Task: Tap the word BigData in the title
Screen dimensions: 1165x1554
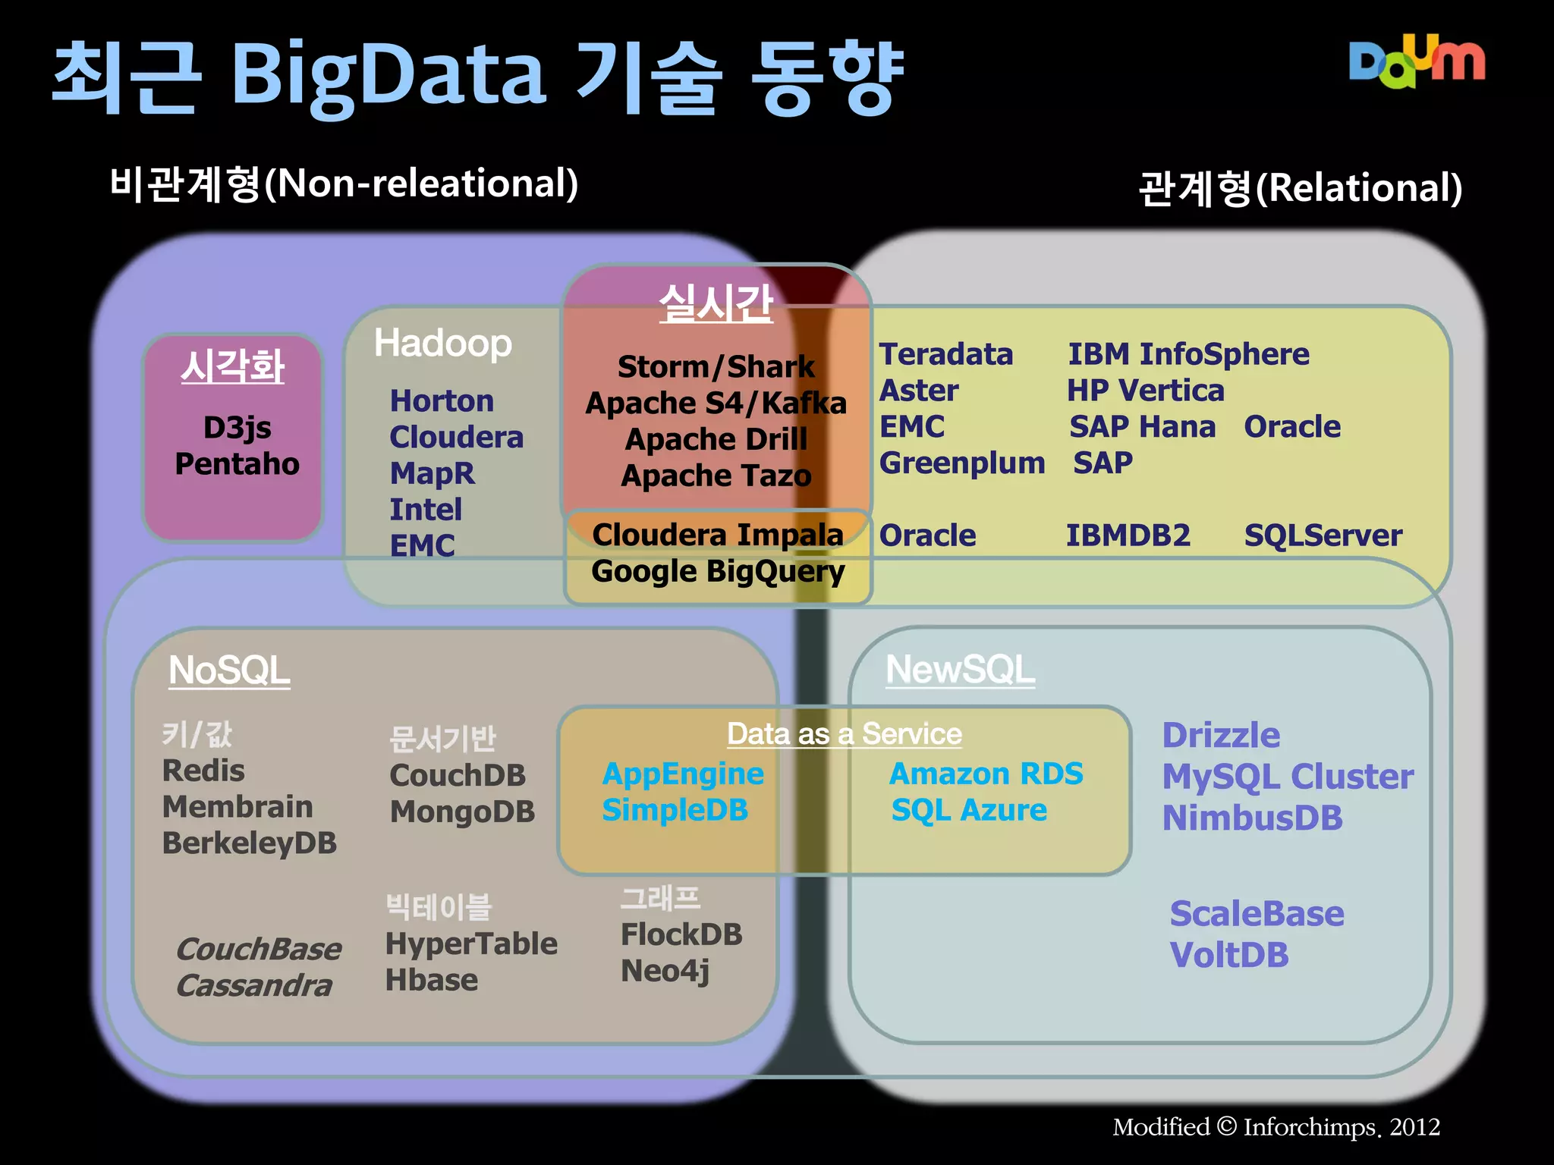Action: [388, 76]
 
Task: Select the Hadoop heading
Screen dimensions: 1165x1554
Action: [443, 343]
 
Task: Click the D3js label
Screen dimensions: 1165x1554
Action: [237, 428]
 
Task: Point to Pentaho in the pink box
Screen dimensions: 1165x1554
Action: [237, 464]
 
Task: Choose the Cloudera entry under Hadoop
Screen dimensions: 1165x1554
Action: [456, 438]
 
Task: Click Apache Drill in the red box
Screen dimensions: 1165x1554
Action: [716, 440]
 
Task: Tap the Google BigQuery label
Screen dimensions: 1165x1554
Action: [717, 572]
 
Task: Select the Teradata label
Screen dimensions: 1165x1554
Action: [945, 355]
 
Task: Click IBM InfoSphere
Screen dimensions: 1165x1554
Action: [1188, 355]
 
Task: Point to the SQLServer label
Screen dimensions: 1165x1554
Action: [1323, 536]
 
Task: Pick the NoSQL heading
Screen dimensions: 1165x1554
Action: [229, 671]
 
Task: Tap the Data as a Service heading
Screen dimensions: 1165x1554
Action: [844, 734]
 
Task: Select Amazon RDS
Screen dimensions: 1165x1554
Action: [986, 774]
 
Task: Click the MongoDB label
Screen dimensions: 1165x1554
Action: [462, 812]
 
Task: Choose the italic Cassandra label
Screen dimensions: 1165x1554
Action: [254, 986]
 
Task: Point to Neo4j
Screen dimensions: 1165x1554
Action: [665, 972]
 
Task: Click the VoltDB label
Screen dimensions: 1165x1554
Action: [1228, 956]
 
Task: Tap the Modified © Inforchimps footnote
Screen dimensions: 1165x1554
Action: [1276, 1127]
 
